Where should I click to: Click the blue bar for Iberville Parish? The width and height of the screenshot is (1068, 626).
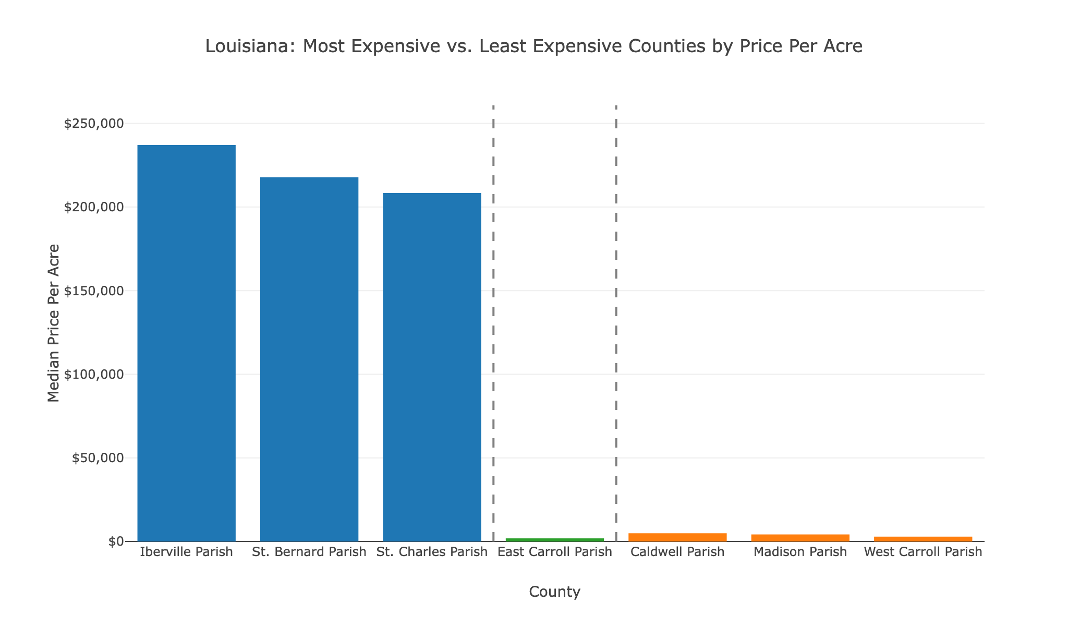point(186,343)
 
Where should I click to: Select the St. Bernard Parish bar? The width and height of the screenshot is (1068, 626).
point(309,359)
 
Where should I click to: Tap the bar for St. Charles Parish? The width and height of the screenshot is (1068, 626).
point(432,367)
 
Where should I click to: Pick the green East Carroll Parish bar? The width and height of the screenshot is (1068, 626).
point(555,539)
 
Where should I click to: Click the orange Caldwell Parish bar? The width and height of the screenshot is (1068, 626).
point(677,537)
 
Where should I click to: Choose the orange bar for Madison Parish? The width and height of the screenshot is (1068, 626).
point(800,538)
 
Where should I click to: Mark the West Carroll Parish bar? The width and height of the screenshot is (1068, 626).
point(923,539)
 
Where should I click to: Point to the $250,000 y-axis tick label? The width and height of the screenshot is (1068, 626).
point(94,124)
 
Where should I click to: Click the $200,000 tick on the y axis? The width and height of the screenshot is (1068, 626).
point(94,207)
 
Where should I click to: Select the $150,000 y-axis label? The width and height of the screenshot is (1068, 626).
point(94,291)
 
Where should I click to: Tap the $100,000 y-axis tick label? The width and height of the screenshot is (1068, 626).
point(94,375)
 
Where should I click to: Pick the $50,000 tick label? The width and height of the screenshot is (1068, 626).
point(98,458)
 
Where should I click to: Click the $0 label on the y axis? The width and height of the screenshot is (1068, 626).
point(116,541)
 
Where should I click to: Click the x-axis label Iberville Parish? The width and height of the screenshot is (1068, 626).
point(186,552)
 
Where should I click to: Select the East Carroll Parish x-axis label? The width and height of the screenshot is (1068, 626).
point(555,552)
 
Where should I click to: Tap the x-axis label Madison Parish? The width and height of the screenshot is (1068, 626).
point(800,552)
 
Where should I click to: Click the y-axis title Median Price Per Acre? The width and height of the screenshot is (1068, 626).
point(53,323)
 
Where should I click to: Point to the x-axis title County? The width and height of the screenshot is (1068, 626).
point(554,592)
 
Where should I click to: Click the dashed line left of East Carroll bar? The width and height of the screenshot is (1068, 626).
point(493,313)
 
